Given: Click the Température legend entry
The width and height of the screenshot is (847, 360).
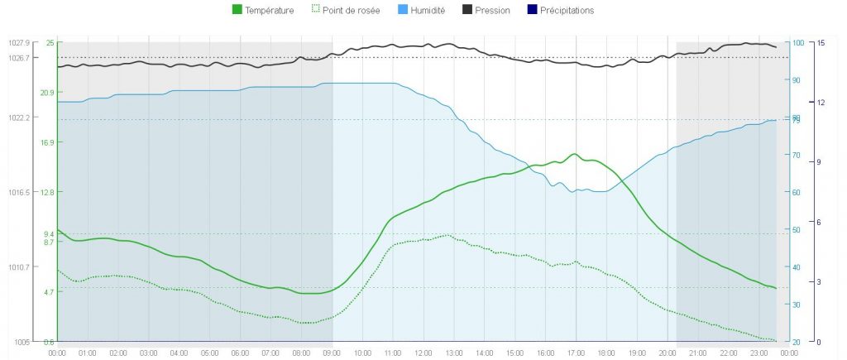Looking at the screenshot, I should [x=263, y=11].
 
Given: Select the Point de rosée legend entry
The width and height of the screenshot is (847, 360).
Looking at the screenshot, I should [x=345, y=11].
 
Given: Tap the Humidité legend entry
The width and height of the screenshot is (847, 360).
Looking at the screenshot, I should [x=422, y=11].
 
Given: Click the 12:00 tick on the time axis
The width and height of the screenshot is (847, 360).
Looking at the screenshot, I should [x=423, y=353].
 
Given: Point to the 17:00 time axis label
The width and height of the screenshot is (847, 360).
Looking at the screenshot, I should [x=576, y=353].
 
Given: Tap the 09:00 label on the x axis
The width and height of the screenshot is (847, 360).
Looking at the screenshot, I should [x=332, y=353].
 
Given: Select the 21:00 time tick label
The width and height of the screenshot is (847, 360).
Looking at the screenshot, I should [x=698, y=353].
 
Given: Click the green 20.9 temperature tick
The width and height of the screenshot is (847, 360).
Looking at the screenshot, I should [x=47, y=93].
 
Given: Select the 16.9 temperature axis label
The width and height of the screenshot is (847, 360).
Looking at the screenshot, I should [x=47, y=142].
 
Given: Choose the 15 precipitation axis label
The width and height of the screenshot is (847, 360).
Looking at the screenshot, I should [x=821, y=42].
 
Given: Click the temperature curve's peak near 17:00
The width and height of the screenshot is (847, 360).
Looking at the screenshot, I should [x=574, y=154].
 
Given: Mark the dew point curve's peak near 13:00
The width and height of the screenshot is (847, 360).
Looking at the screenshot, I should [x=446, y=235].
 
